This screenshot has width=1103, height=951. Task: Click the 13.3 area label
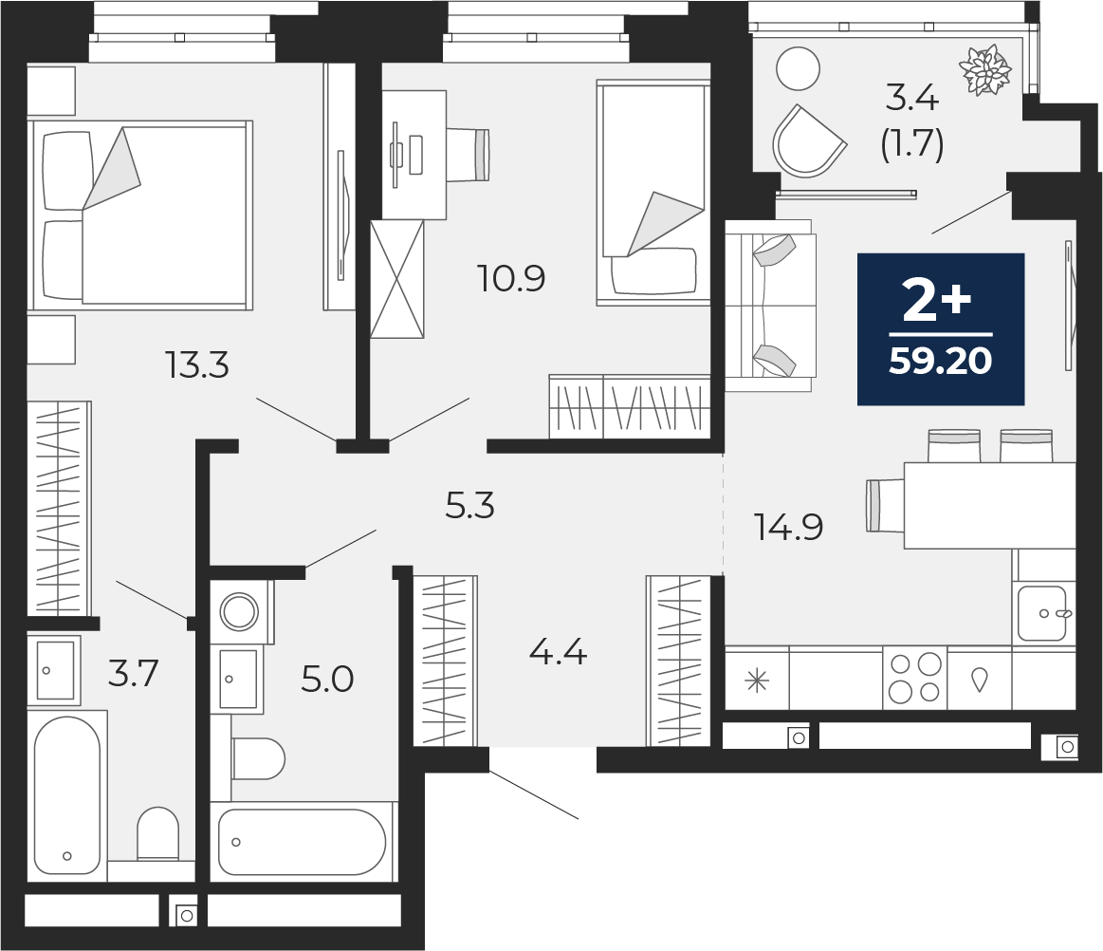198,364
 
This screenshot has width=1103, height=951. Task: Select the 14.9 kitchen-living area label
788,526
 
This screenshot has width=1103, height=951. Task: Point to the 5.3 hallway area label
469,506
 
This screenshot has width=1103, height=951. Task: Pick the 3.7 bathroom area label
132,674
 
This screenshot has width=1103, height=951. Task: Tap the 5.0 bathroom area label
327,680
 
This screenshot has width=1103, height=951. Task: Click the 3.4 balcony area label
911,97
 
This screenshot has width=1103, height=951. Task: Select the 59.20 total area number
940,362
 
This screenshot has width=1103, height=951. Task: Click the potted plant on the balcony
986,69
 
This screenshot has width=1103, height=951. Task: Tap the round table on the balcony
798,68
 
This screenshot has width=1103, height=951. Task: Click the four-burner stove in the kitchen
914,678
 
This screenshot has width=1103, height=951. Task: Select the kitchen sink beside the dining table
1043,613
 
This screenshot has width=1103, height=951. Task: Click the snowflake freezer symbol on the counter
757,680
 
